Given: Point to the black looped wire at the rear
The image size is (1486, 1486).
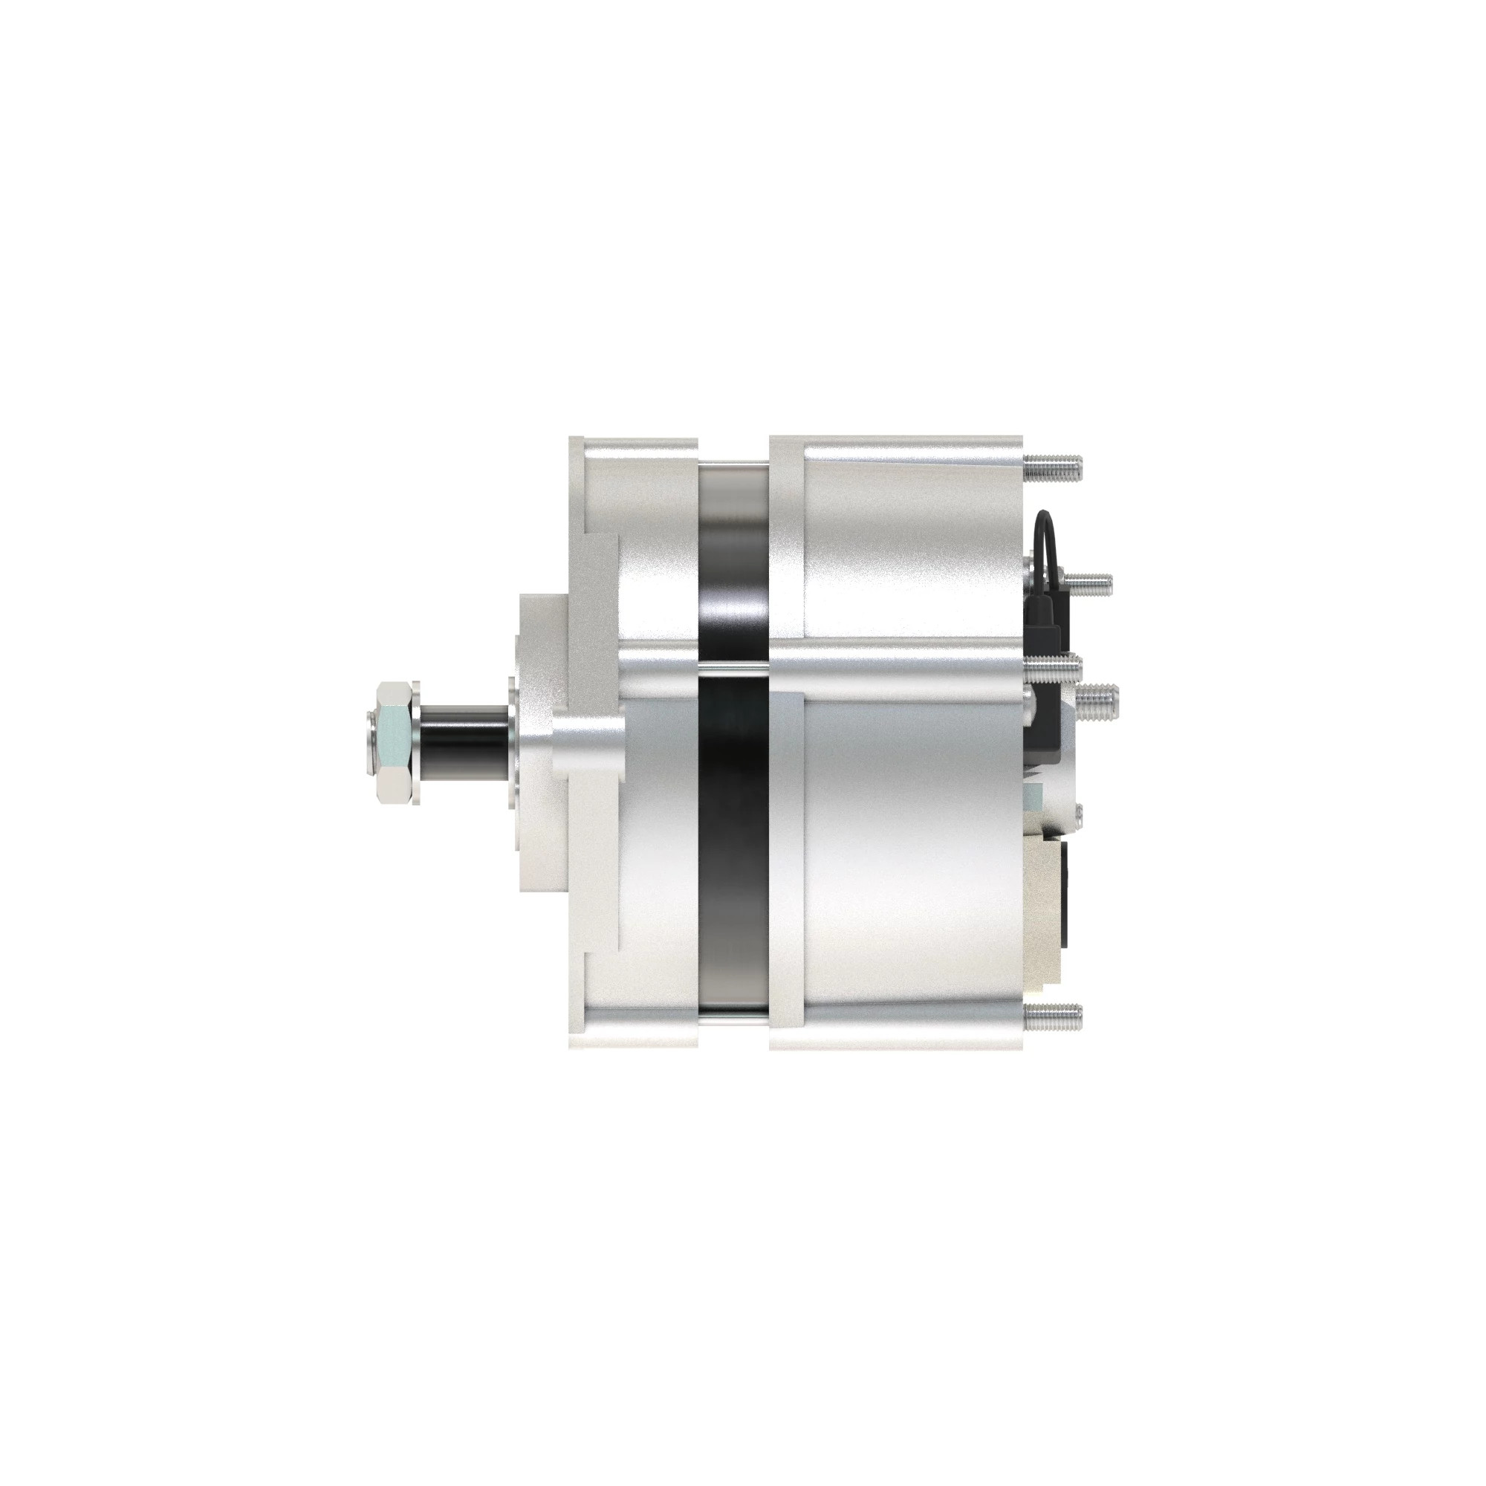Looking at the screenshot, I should (x=1047, y=539).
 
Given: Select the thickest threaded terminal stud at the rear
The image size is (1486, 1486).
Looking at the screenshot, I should (x=1097, y=702).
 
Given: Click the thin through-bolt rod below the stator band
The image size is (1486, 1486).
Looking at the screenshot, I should (x=734, y=1022).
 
